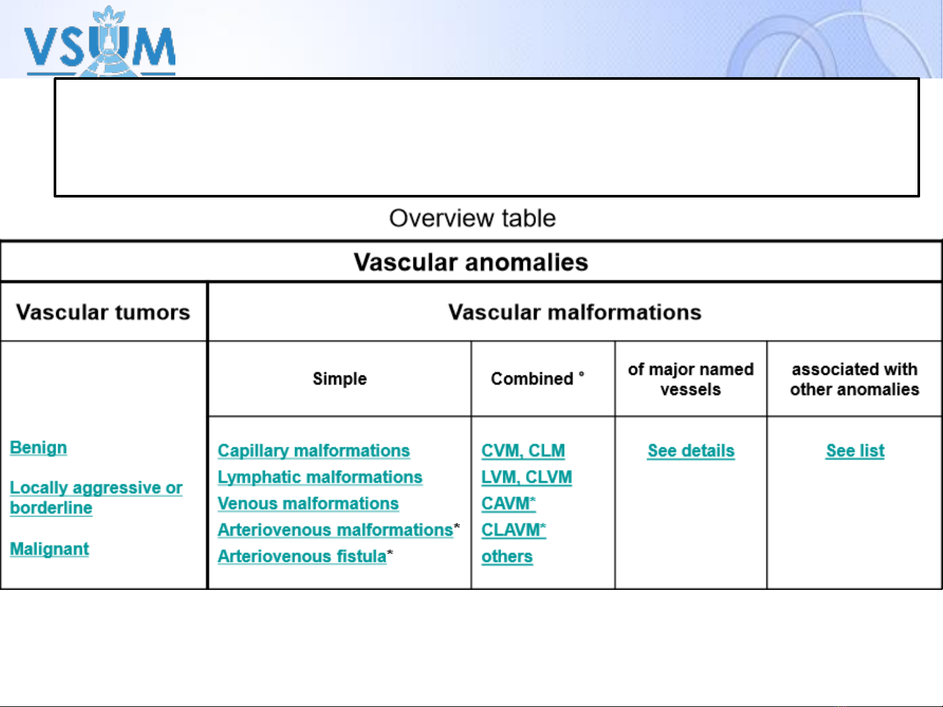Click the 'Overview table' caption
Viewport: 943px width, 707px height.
(472, 218)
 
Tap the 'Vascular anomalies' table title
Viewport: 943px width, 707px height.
(471, 262)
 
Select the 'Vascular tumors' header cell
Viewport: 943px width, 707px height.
(103, 312)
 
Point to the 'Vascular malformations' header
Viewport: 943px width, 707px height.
(575, 312)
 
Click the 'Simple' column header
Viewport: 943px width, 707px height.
(340, 379)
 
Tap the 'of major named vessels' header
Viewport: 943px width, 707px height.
(691, 379)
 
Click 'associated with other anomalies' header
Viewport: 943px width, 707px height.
(855, 379)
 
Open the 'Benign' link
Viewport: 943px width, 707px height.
(38, 448)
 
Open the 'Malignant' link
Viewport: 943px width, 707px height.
(49, 549)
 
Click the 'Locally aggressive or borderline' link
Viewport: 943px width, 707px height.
(96, 498)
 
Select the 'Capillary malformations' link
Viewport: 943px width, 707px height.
(313, 451)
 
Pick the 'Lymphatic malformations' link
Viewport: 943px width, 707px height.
(320, 477)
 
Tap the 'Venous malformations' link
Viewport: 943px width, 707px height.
(308, 504)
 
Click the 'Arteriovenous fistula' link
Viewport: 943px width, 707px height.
(302, 557)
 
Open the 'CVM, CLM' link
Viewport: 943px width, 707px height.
(523, 451)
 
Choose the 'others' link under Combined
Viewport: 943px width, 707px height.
(507, 557)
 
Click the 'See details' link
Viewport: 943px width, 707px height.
(691, 451)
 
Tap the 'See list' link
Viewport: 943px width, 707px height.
(855, 451)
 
